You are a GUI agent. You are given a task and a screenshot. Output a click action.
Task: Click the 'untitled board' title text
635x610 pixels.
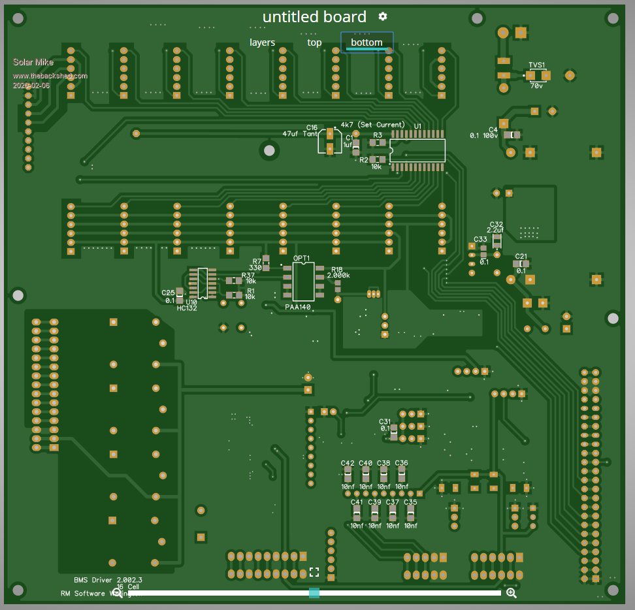click(x=314, y=17)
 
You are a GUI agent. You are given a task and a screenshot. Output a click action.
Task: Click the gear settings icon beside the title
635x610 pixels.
click(x=383, y=16)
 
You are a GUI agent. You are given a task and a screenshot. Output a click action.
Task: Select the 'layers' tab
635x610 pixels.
click(x=262, y=42)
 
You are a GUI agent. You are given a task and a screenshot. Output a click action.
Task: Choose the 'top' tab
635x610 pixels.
click(x=314, y=42)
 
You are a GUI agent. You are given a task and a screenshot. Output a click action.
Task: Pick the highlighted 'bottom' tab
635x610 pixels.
click(x=366, y=42)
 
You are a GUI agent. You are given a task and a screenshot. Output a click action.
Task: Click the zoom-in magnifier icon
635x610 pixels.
click(x=512, y=592)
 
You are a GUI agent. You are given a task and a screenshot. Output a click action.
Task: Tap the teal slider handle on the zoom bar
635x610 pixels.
click(x=314, y=592)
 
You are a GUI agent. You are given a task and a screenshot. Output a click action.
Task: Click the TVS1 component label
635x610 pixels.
click(x=537, y=65)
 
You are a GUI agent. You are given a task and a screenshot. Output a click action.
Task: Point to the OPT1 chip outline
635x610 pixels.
click(x=303, y=281)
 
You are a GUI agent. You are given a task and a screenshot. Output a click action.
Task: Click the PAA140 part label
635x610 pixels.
click(x=298, y=307)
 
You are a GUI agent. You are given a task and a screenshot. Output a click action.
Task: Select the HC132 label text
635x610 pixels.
click(x=187, y=308)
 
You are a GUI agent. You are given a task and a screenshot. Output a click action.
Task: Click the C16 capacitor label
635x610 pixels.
click(x=312, y=127)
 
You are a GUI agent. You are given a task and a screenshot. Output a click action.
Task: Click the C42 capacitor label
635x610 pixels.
click(x=348, y=463)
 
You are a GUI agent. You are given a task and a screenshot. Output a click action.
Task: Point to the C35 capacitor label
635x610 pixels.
click(x=410, y=502)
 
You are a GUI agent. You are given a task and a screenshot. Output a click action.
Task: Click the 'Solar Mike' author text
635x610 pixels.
click(x=33, y=62)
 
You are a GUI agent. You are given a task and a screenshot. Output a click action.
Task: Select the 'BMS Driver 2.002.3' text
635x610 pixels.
click(x=108, y=580)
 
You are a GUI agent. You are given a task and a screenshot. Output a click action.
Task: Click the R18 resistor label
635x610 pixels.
click(x=337, y=269)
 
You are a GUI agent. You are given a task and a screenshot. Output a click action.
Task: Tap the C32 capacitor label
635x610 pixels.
click(x=496, y=224)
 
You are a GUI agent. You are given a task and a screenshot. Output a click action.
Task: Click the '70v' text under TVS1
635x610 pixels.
click(x=536, y=86)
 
